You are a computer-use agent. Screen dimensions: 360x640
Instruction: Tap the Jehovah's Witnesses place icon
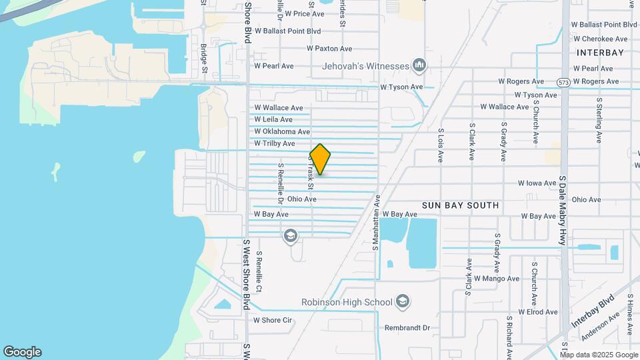pyautogui.click(x=419, y=65)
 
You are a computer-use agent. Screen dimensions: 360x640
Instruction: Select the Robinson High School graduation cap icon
pyautogui.click(x=402, y=302)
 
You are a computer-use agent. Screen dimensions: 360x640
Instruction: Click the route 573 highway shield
pyautogui.click(x=563, y=82)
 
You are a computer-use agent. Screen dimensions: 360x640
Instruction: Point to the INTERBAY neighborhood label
pyautogui.click(x=600, y=53)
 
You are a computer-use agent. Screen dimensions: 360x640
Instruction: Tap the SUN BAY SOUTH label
pyautogui.click(x=460, y=205)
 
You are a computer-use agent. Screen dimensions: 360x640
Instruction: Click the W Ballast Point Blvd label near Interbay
pyautogui.click(x=604, y=25)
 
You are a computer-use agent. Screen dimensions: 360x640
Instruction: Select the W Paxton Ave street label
pyautogui.click(x=329, y=49)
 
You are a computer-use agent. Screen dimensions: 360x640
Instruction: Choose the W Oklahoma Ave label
pyautogui.click(x=282, y=132)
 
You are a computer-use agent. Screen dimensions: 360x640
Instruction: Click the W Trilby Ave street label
pyautogui.click(x=274, y=144)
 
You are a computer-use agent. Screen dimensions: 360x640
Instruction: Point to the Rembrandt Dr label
pyautogui.click(x=408, y=328)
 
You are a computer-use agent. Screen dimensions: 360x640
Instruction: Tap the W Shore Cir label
pyautogui.click(x=273, y=320)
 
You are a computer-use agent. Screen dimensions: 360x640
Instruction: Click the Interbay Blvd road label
pyautogui.click(x=592, y=314)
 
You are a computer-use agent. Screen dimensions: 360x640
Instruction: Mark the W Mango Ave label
pyautogui.click(x=496, y=279)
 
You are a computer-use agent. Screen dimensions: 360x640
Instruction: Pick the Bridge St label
pyautogui.click(x=204, y=59)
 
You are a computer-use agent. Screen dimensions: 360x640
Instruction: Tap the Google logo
pyautogui.click(x=22, y=352)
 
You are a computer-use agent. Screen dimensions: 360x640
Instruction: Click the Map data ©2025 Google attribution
pyautogui.click(x=598, y=355)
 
